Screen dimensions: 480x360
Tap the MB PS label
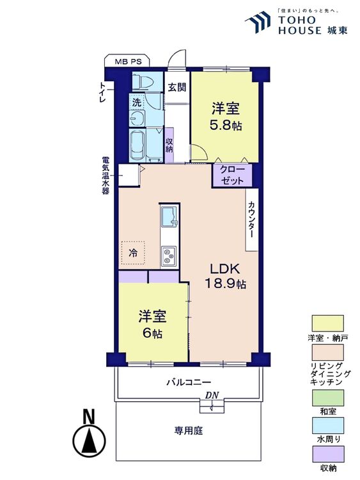[129, 62]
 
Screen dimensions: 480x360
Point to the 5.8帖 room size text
[227, 125]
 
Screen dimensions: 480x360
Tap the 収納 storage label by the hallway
[169, 145]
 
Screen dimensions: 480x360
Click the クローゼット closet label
[232, 175]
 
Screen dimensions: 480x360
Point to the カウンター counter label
[251, 219]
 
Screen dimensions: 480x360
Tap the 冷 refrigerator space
[134, 253]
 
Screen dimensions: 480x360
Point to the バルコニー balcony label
[189, 382]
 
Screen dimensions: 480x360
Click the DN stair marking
[212, 396]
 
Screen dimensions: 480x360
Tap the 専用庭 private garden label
[189, 431]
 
